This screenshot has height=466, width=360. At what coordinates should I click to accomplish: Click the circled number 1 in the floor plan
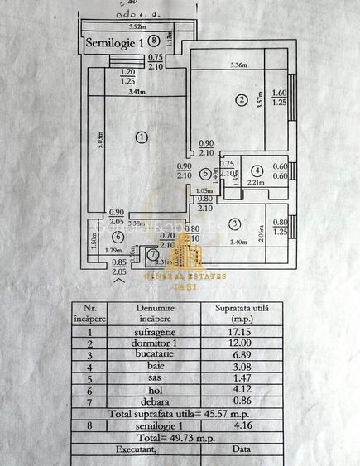point(142,137)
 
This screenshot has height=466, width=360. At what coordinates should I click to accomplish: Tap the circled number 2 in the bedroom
point(242,101)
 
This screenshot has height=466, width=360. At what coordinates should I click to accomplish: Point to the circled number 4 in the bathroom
point(257,171)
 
